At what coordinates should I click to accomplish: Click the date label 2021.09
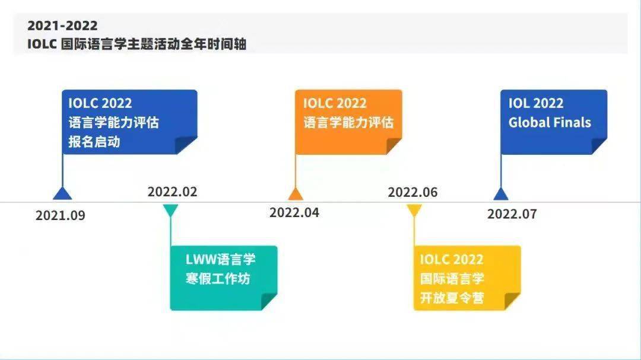click(60, 215)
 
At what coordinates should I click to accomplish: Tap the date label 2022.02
click(172, 192)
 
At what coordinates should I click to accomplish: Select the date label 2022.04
click(294, 212)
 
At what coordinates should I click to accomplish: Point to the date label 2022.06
click(412, 192)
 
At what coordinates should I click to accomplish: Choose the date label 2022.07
click(512, 214)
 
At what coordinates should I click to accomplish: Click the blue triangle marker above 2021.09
click(62, 194)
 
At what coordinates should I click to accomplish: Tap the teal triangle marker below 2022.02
click(170, 209)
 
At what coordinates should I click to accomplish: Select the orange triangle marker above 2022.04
click(296, 194)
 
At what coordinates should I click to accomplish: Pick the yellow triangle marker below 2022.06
click(414, 209)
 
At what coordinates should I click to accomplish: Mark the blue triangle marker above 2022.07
click(501, 194)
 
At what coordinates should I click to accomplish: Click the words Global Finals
click(550, 123)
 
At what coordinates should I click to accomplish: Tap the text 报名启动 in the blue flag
click(94, 142)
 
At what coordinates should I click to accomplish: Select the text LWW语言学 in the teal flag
click(220, 260)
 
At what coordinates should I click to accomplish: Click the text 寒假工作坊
click(218, 279)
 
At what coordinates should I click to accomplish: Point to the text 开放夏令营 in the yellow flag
click(452, 298)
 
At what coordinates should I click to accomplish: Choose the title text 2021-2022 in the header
click(62, 26)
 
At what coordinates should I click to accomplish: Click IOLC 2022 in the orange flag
click(335, 103)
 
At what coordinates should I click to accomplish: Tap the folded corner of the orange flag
click(393, 146)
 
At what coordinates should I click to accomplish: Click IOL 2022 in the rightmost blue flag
click(536, 103)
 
